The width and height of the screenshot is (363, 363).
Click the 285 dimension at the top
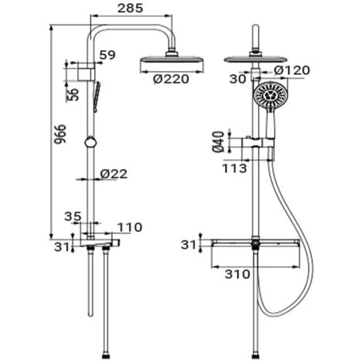click(130, 8)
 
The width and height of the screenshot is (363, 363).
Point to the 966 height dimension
click(60, 134)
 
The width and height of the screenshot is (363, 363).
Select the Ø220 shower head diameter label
click(171, 79)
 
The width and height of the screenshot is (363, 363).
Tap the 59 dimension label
click(107, 55)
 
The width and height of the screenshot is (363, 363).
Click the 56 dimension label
click(73, 94)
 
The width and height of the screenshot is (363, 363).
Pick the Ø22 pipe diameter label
click(114, 174)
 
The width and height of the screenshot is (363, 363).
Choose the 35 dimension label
click(73, 216)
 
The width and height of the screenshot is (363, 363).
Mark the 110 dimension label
click(130, 227)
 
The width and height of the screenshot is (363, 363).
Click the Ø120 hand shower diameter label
click(292, 70)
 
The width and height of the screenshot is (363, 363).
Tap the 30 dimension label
click(238, 79)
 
